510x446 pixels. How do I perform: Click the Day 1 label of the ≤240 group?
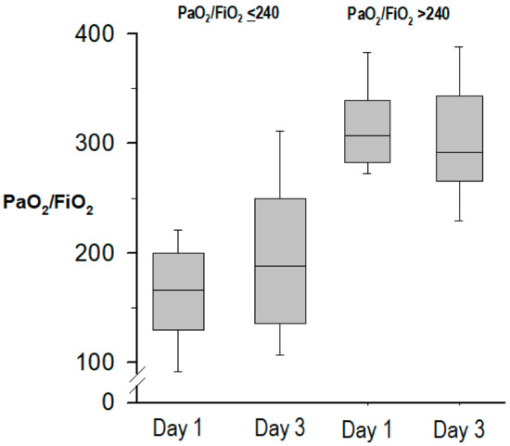tap(178, 428)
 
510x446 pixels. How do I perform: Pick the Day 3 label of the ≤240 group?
tap(279, 428)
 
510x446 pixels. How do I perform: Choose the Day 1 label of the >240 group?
tap(366, 428)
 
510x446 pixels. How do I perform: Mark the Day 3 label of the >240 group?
tap(459, 428)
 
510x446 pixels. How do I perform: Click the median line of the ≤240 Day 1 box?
tap(178, 290)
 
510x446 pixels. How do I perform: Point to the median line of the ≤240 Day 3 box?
tap(280, 266)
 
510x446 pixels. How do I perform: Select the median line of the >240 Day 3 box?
tap(459, 152)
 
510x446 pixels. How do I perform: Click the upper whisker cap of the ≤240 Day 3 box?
tap(280, 131)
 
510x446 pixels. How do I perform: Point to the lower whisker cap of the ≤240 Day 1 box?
tap(178, 372)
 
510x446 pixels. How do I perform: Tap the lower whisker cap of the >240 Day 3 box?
tap(459, 221)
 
